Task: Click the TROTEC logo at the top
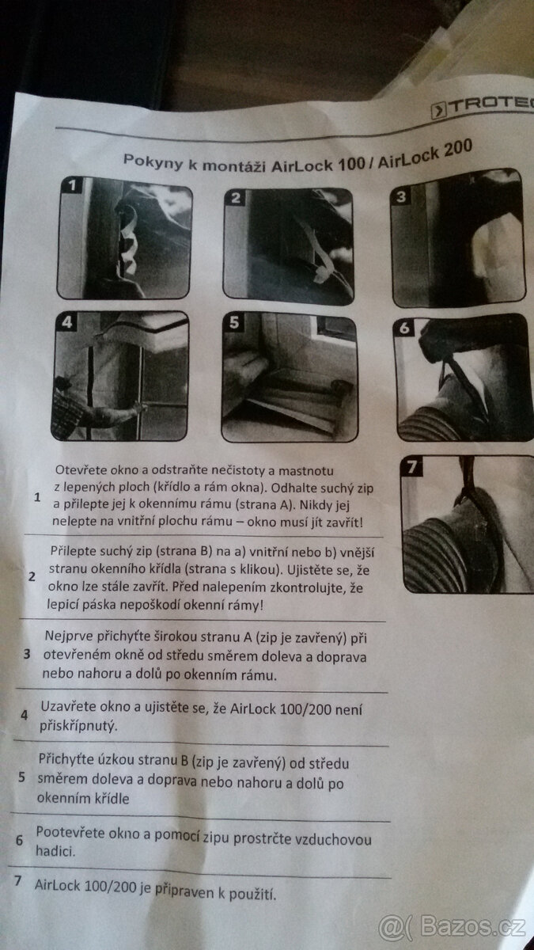[x=483, y=108]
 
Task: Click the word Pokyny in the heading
[x=153, y=161]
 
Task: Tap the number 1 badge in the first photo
[x=73, y=185]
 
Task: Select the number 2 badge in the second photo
[x=237, y=198]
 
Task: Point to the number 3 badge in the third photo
[x=401, y=196]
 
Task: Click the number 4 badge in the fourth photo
[x=67, y=322]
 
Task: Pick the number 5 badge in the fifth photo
[x=234, y=322]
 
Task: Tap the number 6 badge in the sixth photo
[x=405, y=328]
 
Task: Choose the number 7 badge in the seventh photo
[x=411, y=467]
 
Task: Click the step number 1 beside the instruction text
[x=37, y=497]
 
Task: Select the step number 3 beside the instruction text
[x=27, y=655]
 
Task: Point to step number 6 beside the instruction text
[x=19, y=840]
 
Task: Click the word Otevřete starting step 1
[x=81, y=470]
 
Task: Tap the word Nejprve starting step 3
[x=69, y=636]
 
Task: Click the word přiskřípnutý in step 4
[x=78, y=727]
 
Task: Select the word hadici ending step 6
[x=55, y=851]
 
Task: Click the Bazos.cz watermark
[x=453, y=927]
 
